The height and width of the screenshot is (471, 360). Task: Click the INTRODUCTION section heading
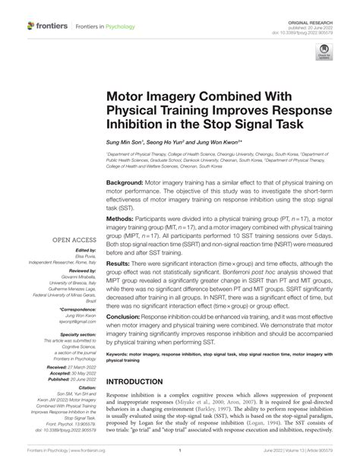click(x=144, y=381)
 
